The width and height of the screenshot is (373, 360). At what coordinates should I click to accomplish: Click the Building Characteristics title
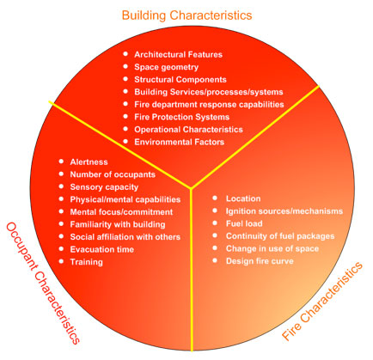click(x=186, y=15)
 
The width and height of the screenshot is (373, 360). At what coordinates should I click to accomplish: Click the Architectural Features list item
click(x=178, y=54)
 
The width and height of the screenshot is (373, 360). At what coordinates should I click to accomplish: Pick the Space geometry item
click(x=167, y=66)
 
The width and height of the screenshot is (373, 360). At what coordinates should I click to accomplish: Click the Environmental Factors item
click(x=180, y=141)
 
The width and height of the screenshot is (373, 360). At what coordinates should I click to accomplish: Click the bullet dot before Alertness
click(x=61, y=161)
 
